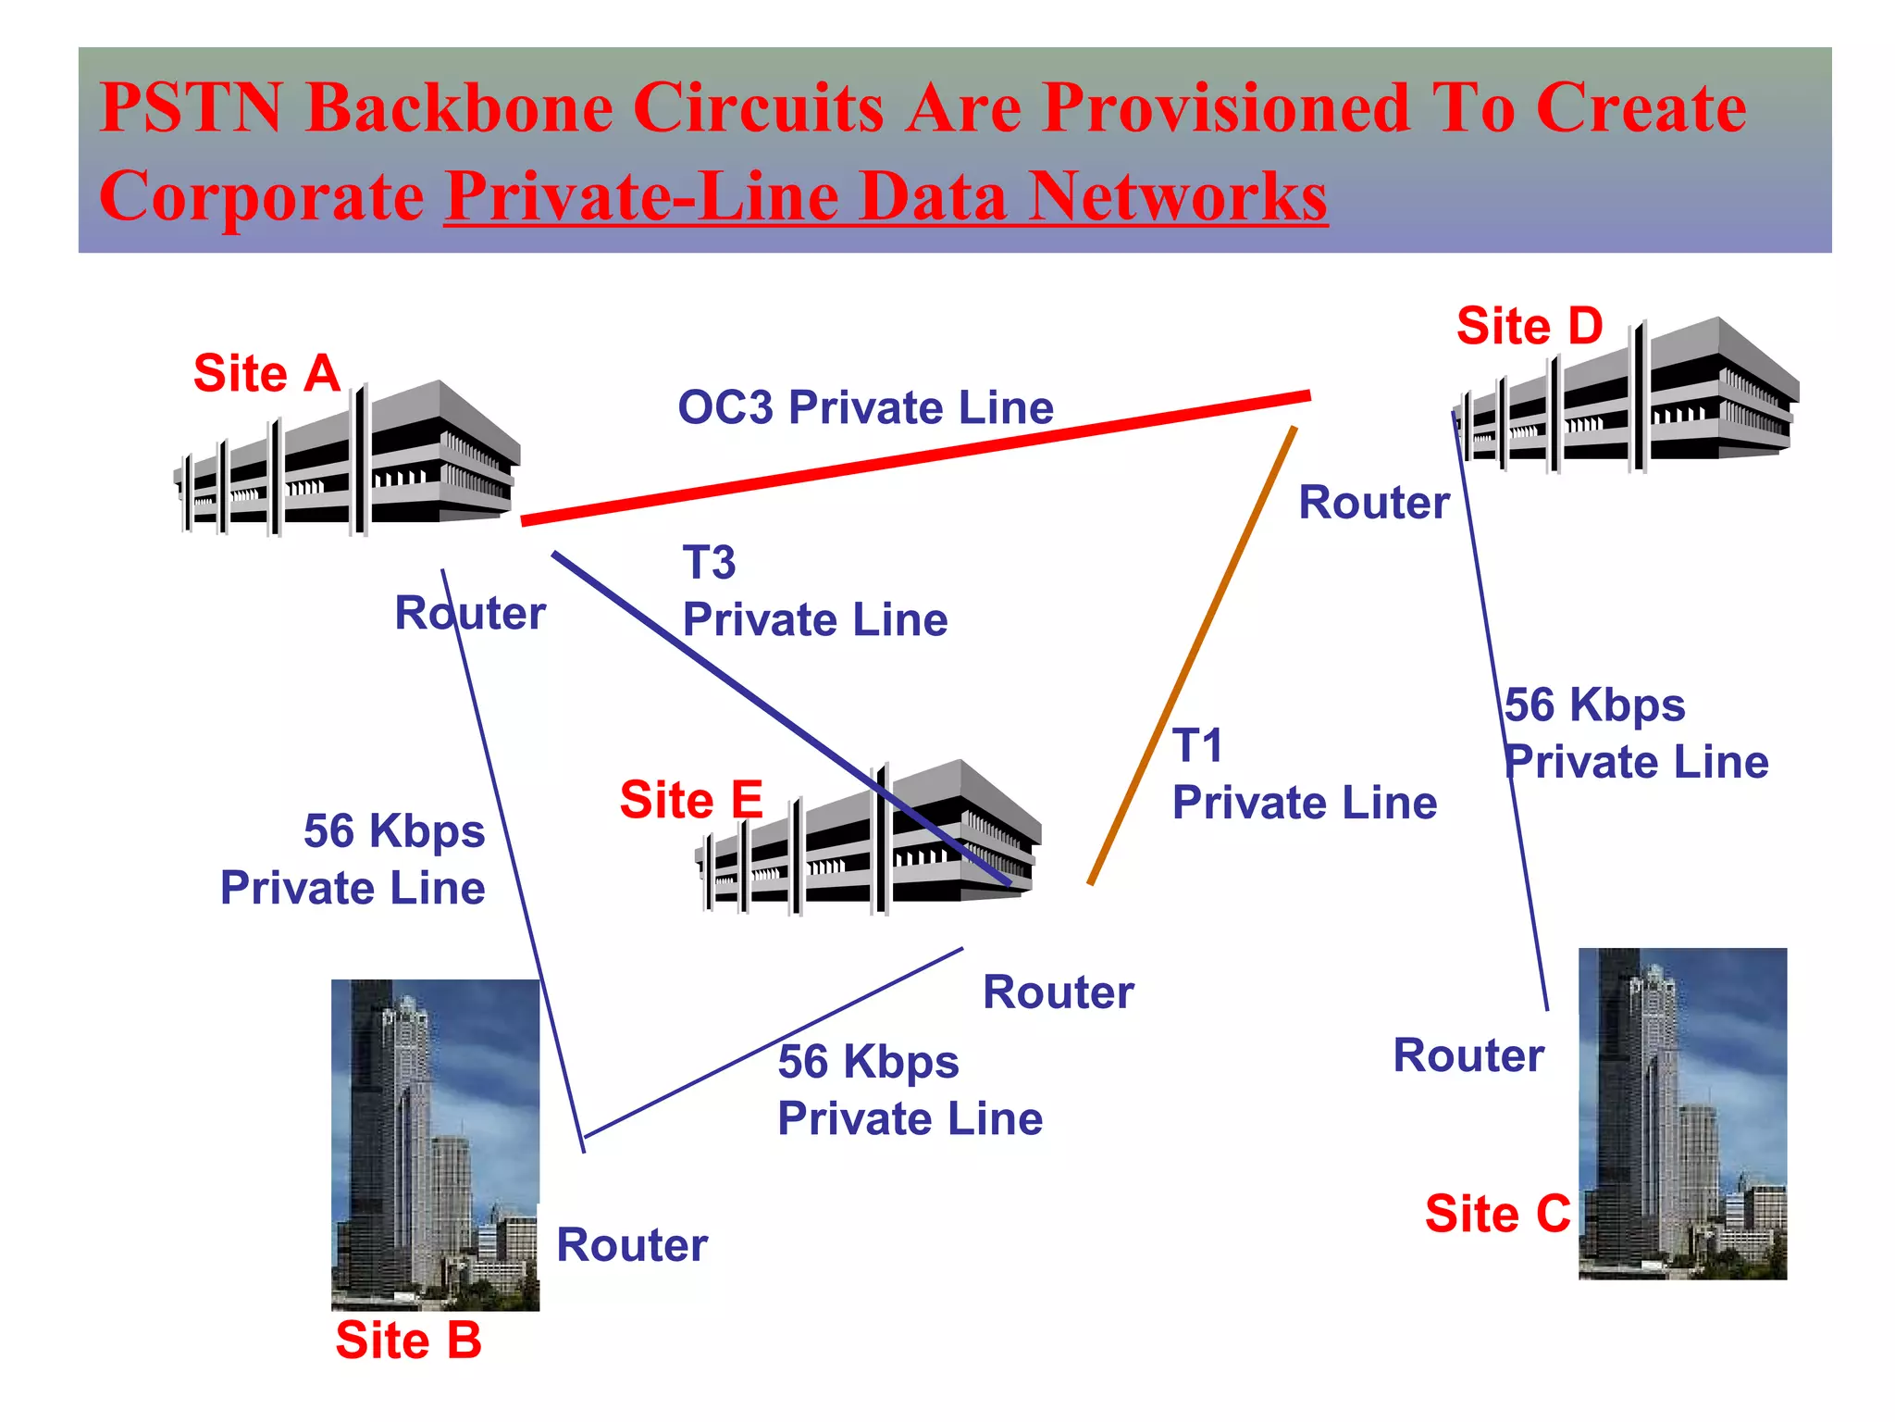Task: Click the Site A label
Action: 266,374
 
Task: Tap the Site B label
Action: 408,1340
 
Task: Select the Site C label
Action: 1497,1214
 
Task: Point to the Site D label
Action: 1529,326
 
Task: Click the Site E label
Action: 691,800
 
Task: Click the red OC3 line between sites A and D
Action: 916,457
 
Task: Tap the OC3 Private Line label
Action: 865,407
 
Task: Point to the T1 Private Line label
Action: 1304,774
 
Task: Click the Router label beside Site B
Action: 632,1245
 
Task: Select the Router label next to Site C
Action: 1468,1055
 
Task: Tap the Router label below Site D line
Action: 1374,503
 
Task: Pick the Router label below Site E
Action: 1058,992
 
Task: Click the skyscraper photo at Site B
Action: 435,1144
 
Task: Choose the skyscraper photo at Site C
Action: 1682,1113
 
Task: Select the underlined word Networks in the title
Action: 1178,196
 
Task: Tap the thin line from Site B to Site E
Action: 774,1042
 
